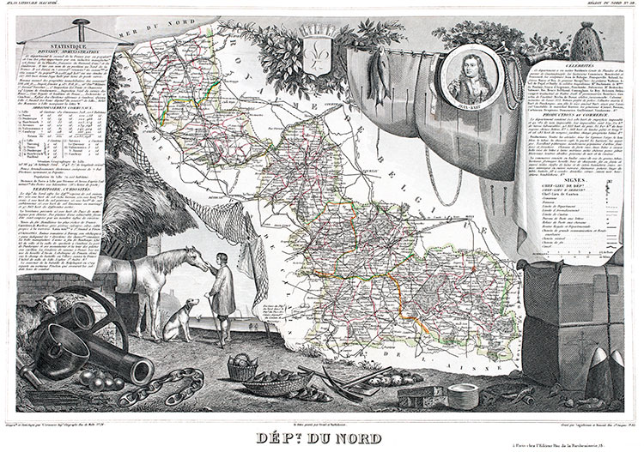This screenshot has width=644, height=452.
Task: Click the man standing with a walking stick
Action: tap(222, 296)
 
